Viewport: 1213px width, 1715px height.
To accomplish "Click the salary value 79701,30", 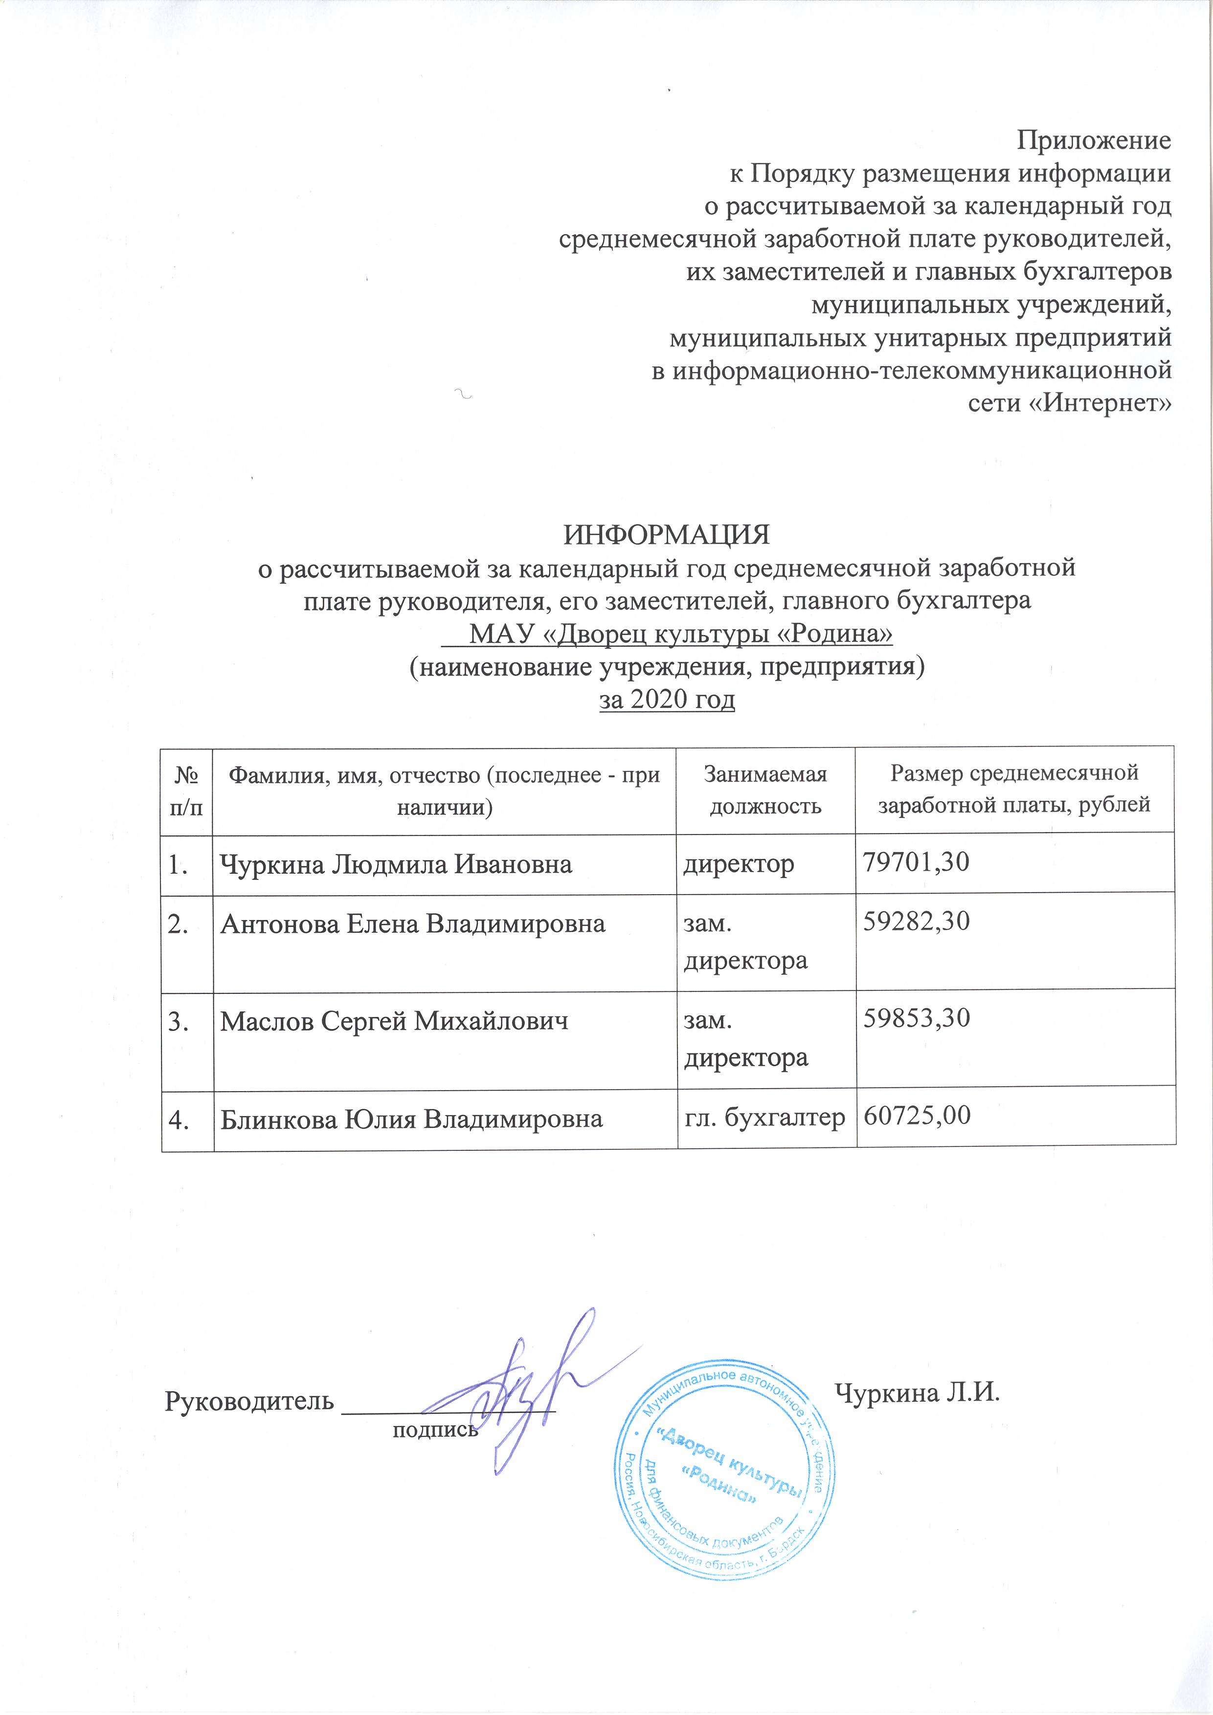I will click(916, 863).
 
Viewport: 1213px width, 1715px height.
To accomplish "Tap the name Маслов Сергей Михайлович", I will click(394, 1021).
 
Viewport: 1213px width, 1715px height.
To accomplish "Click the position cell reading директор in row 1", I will click(739, 864).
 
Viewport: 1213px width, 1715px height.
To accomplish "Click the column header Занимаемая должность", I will click(765, 790).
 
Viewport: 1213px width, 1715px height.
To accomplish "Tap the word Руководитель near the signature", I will click(249, 1401).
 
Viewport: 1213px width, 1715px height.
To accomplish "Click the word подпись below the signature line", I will click(435, 1429).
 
